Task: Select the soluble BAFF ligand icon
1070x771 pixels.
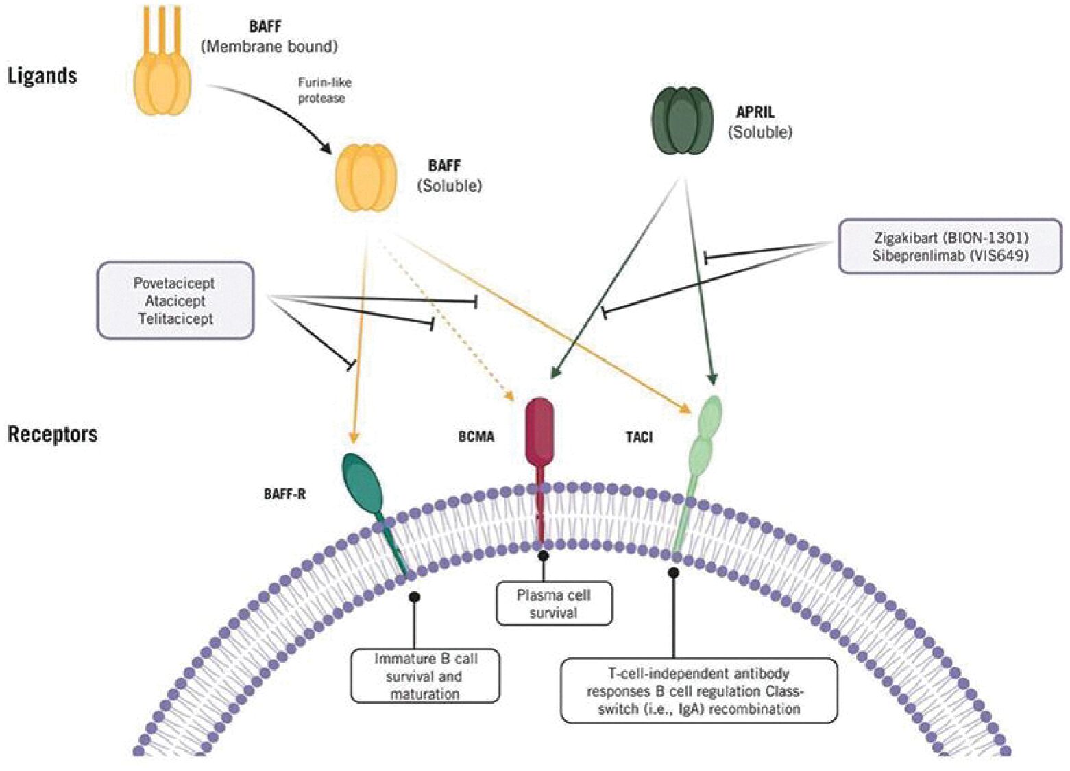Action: point(365,178)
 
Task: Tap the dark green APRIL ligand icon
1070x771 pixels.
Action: point(681,120)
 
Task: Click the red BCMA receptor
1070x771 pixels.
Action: point(539,432)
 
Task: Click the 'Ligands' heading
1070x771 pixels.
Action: point(42,75)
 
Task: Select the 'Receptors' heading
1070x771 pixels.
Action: point(52,434)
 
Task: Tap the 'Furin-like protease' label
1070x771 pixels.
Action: point(324,90)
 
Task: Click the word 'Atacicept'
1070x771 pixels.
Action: point(175,301)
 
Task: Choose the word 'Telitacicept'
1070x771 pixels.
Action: point(175,319)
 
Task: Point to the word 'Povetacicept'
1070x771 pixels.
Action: point(174,283)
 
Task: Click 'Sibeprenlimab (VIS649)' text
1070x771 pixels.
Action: point(950,256)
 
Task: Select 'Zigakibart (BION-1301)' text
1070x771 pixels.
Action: point(951,238)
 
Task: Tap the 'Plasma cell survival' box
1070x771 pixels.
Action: point(554,604)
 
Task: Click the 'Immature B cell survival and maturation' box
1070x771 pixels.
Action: point(425,676)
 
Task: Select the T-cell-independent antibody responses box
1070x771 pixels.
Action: point(698,691)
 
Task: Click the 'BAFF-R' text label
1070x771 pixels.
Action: point(284,494)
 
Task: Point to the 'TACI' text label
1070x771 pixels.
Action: point(639,437)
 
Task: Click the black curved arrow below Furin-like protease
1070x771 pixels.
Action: point(274,110)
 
